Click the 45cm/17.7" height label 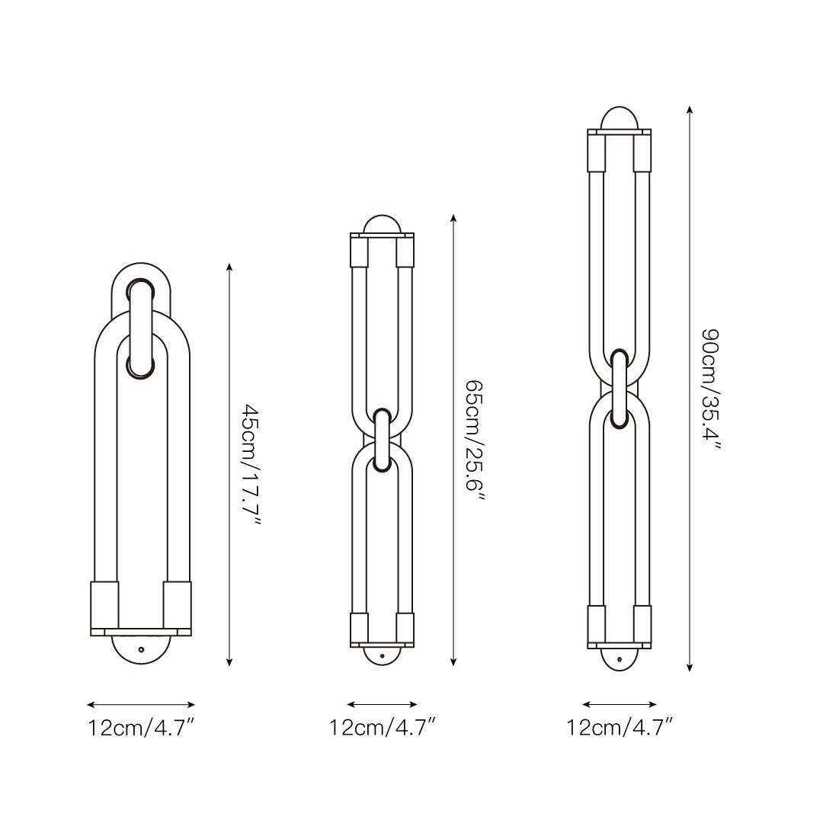pyautogui.click(x=251, y=463)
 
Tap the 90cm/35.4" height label pyautogui.click(x=712, y=389)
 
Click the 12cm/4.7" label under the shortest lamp pyautogui.click(x=141, y=728)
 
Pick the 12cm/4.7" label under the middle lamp pyautogui.click(x=383, y=728)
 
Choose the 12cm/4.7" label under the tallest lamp pyautogui.click(x=620, y=728)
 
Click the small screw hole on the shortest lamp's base pyautogui.click(x=141, y=649)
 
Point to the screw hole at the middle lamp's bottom pyautogui.click(x=382, y=656)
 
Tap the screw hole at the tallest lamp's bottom pyautogui.click(x=620, y=659)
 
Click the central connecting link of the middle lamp pyautogui.click(x=383, y=440)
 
